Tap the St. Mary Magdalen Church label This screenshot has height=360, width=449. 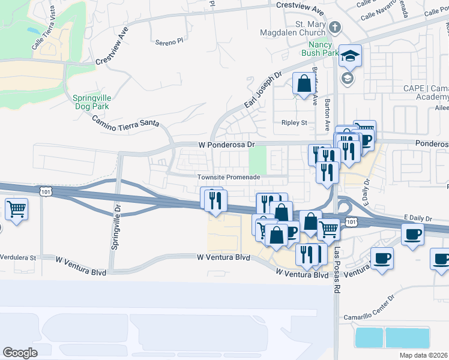(294, 28)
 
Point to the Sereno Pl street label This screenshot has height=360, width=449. (168, 42)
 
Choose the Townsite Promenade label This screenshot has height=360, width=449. (229, 177)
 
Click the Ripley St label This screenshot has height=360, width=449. (294, 122)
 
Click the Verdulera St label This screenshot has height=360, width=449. (18, 257)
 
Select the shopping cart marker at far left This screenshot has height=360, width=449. (17, 209)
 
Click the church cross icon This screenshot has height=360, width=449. (335, 28)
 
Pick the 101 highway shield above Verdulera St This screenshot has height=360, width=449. (46, 191)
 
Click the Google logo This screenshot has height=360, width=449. (20, 352)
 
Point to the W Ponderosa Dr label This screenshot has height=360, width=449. (227, 145)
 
